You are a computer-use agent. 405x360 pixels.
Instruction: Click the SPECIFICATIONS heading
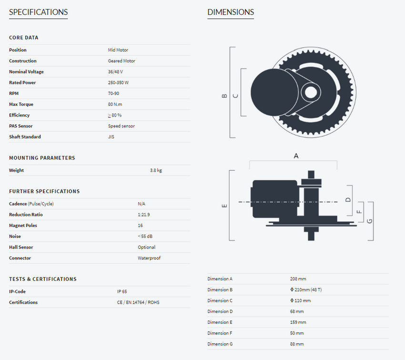39,12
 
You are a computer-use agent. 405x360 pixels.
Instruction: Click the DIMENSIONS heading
231,12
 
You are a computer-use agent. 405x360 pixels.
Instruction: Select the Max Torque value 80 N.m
115,104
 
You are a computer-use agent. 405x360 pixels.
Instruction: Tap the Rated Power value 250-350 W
118,82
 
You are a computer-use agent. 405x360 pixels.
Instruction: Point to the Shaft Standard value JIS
111,137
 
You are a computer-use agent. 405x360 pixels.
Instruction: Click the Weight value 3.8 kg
156,170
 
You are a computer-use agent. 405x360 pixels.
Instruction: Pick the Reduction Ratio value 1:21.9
144,215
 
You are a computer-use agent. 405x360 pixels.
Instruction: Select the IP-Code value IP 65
122,291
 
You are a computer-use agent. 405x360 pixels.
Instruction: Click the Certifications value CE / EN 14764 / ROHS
138,302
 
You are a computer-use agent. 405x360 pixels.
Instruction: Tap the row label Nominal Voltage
26,72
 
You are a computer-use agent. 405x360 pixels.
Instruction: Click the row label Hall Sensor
21,247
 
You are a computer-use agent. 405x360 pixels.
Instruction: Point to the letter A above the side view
296,156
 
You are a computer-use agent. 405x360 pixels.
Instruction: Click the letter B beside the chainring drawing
224,96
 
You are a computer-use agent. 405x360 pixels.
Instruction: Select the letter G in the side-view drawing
370,221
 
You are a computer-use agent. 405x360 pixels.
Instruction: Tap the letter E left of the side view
224,206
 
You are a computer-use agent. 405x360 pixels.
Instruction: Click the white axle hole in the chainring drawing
311,92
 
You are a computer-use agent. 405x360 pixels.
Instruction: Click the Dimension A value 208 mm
298,279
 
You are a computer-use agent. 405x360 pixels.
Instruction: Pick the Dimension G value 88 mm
297,344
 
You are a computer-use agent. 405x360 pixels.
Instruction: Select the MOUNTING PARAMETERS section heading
42,158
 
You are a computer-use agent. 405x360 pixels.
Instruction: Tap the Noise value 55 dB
145,236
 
